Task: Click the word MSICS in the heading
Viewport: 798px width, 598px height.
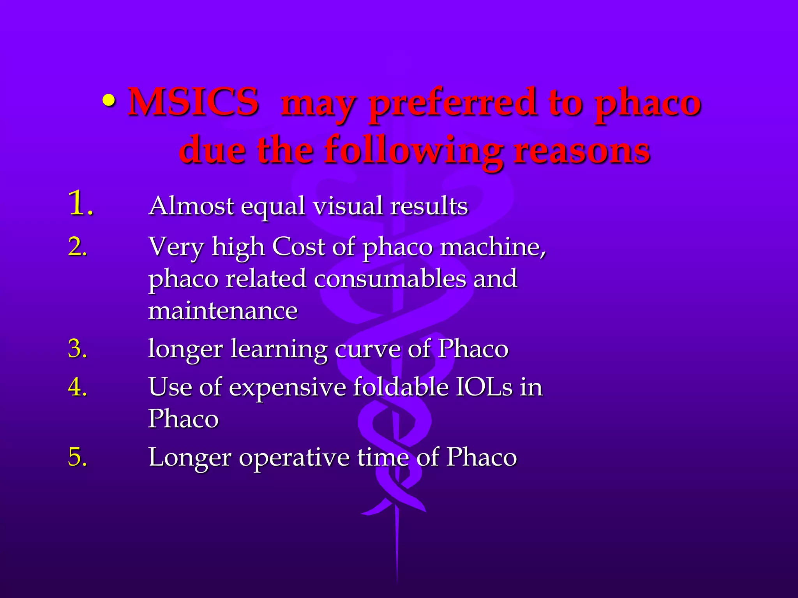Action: point(193,102)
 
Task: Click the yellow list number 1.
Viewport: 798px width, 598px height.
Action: point(80,204)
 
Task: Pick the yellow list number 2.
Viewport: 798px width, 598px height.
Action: point(77,247)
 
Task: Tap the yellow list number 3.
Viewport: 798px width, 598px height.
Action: point(77,349)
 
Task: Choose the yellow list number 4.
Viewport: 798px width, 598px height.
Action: point(77,387)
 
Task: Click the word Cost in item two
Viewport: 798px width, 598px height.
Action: point(298,247)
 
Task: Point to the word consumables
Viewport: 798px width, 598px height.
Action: point(390,279)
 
